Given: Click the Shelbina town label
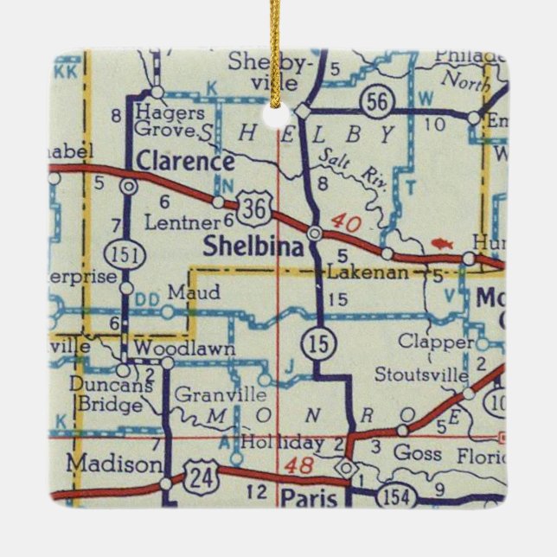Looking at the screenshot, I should point(253,247).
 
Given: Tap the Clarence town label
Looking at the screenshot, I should point(185,162).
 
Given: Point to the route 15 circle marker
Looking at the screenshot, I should point(317,344).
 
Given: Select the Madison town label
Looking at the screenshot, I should point(112,464).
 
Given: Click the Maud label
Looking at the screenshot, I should point(195,293).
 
